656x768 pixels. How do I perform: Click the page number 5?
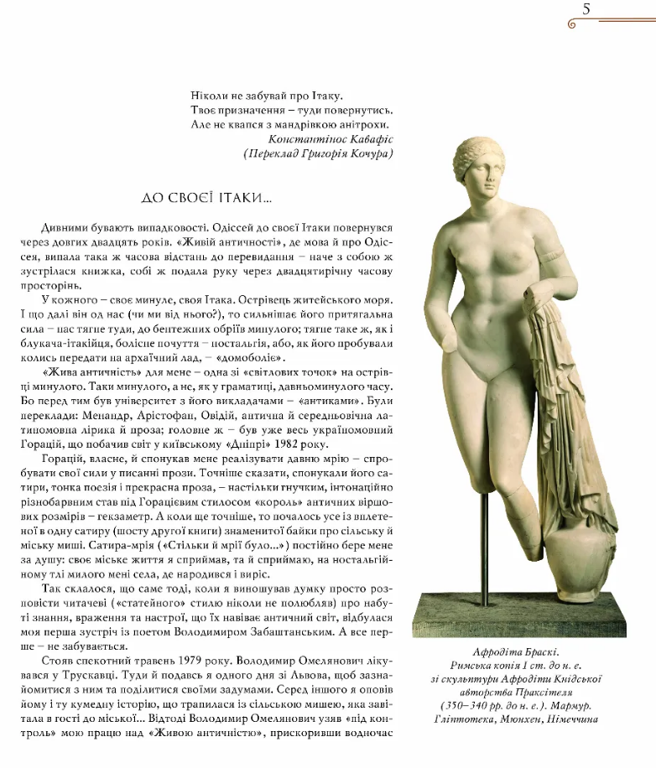(586, 10)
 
